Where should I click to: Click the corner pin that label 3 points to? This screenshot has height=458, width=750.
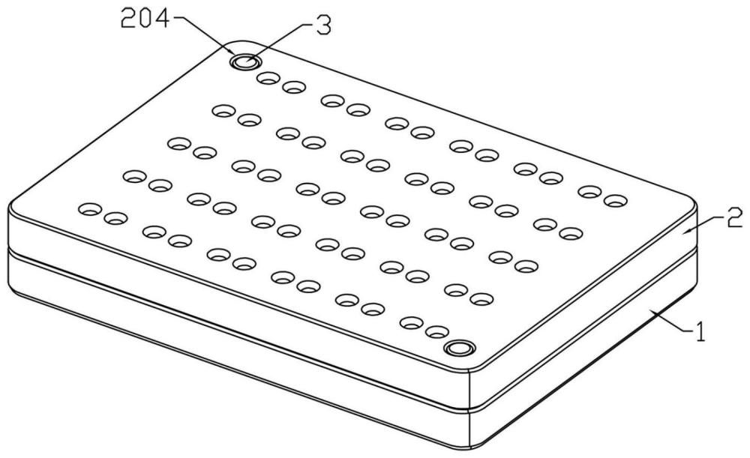click(x=244, y=61)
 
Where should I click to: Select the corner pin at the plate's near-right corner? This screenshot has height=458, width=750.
click(x=458, y=348)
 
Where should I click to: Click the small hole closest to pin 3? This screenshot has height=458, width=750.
click(x=266, y=77)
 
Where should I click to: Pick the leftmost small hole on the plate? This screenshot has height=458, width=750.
click(x=91, y=208)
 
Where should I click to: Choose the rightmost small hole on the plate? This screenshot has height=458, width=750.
click(x=615, y=201)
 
